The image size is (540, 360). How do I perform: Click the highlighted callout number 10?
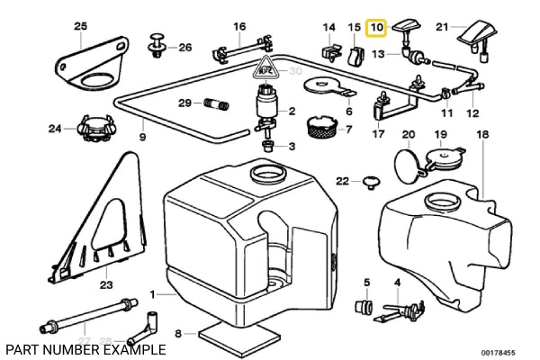coord(376,28)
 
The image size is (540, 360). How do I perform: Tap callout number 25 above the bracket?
coord(80,26)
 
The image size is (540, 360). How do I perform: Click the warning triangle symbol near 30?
coord(266,67)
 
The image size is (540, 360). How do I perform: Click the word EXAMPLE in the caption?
coord(135,348)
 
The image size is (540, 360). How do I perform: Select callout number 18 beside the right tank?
coord(481,134)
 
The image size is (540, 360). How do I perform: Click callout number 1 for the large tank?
coord(152,294)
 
